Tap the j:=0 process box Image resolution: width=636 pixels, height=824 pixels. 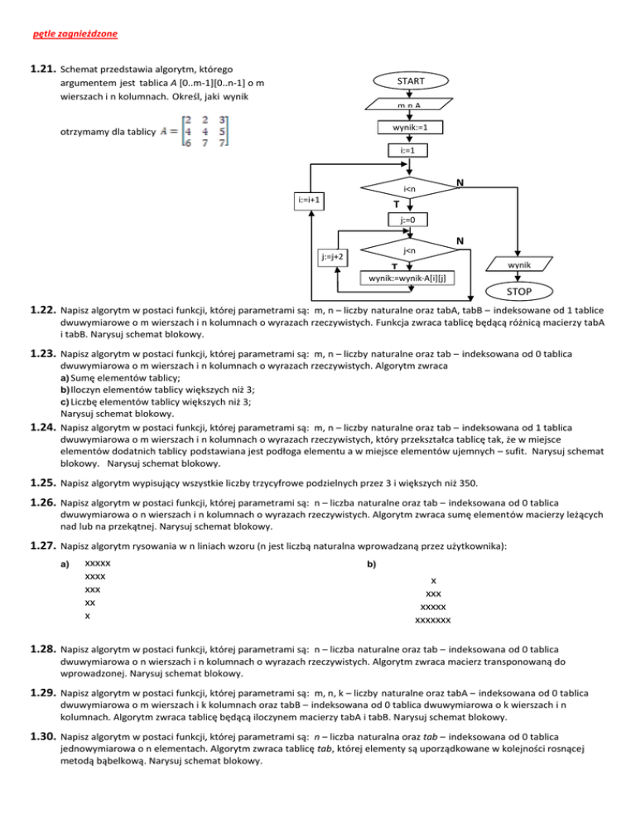tap(407, 221)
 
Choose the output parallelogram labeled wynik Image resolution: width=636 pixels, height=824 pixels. tap(516, 264)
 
